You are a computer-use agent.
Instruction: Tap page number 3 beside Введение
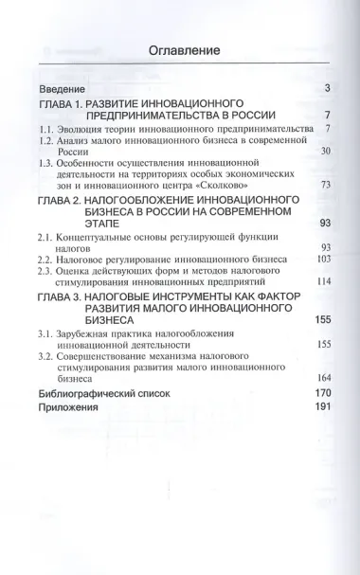[325, 88]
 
